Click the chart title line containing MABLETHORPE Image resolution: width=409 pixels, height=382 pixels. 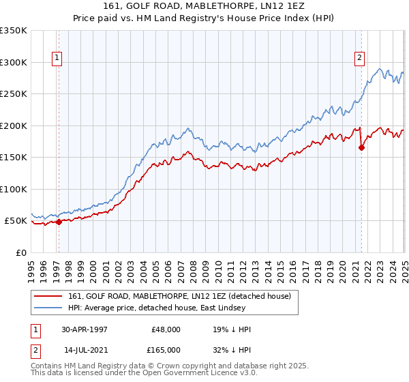point(204,6)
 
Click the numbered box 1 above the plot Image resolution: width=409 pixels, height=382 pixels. point(58,59)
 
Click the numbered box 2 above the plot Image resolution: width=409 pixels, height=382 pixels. point(359,59)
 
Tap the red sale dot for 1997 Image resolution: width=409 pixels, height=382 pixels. point(59,222)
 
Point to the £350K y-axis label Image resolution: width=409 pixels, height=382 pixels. point(14,31)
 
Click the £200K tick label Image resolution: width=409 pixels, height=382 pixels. point(14,126)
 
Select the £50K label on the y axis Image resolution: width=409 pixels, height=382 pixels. point(16,221)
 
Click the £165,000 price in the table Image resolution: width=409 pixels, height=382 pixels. point(164,349)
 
